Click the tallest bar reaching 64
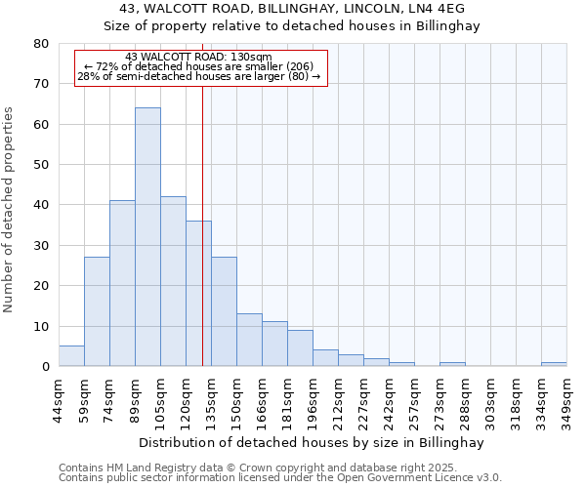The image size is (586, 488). coord(147,237)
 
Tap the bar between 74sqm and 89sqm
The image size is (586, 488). coord(122,283)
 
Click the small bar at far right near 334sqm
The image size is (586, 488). coord(554,364)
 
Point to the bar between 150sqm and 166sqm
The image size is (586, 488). coord(249,340)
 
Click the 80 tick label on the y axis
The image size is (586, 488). coord(41,44)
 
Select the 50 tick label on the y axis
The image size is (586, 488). coord(41,165)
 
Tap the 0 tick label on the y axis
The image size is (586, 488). coord(45,367)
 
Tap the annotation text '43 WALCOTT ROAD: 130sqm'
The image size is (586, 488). coord(199,58)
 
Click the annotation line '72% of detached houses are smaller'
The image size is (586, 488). coord(199,66)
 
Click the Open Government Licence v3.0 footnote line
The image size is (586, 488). coord(280,478)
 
